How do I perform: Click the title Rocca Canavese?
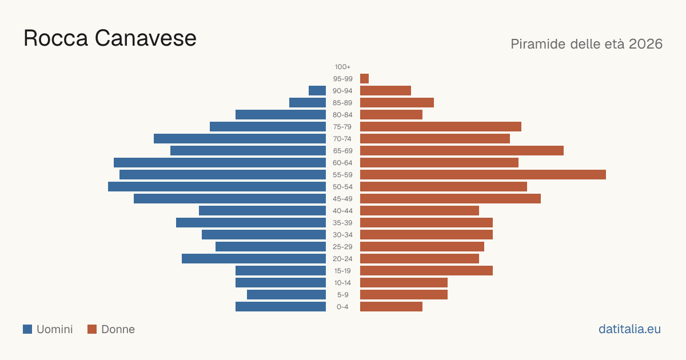pyautogui.click(x=110, y=38)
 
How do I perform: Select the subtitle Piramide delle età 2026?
pyautogui.click(x=587, y=44)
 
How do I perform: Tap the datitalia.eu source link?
pyautogui.click(x=629, y=329)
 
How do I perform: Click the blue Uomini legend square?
pyautogui.click(x=27, y=329)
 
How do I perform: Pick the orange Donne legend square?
pyautogui.click(x=92, y=329)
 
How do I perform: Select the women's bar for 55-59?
pyautogui.click(x=483, y=174)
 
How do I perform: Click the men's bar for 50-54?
pyautogui.click(x=217, y=187)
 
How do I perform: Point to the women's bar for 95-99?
pyautogui.click(x=365, y=79)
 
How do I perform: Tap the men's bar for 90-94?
pyautogui.click(x=317, y=91)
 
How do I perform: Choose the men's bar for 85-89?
pyautogui.click(x=308, y=102)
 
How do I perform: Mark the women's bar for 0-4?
pyautogui.click(x=391, y=306)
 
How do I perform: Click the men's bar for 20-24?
pyautogui.click(x=254, y=259)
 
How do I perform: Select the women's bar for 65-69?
pyautogui.click(x=462, y=151)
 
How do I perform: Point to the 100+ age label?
pyautogui.click(x=342, y=67)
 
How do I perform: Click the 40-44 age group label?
pyautogui.click(x=342, y=211)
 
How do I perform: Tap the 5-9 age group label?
pyautogui.click(x=342, y=294)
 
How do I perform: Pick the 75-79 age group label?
pyautogui.click(x=342, y=127)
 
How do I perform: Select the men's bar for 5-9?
pyautogui.click(x=286, y=294)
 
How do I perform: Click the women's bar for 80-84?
pyautogui.click(x=391, y=114)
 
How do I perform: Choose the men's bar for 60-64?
pyautogui.click(x=220, y=162)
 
